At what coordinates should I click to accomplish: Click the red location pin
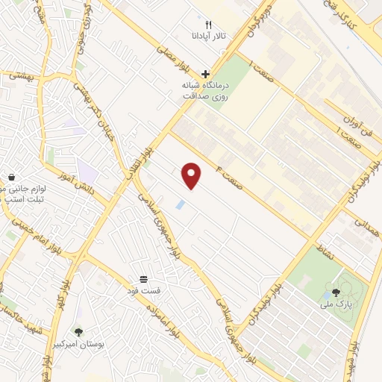click(192, 175)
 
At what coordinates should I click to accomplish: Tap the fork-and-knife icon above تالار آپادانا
click(209, 24)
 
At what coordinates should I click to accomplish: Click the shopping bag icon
click(12, 177)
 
